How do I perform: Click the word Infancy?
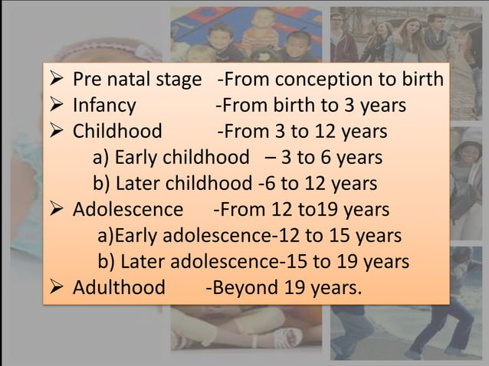click(104, 106)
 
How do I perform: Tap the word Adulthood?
click(119, 288)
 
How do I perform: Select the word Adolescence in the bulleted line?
click(128, 210)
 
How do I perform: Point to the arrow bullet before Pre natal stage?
click(59, 80)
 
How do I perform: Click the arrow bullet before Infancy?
click(59, 106)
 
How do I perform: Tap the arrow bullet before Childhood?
click(59, 132)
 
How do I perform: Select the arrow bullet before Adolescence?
click(59, 210)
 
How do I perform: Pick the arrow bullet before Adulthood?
click(59, 288)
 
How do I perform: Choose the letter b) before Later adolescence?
click(107, 262)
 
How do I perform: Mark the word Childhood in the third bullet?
click(117, 132)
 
